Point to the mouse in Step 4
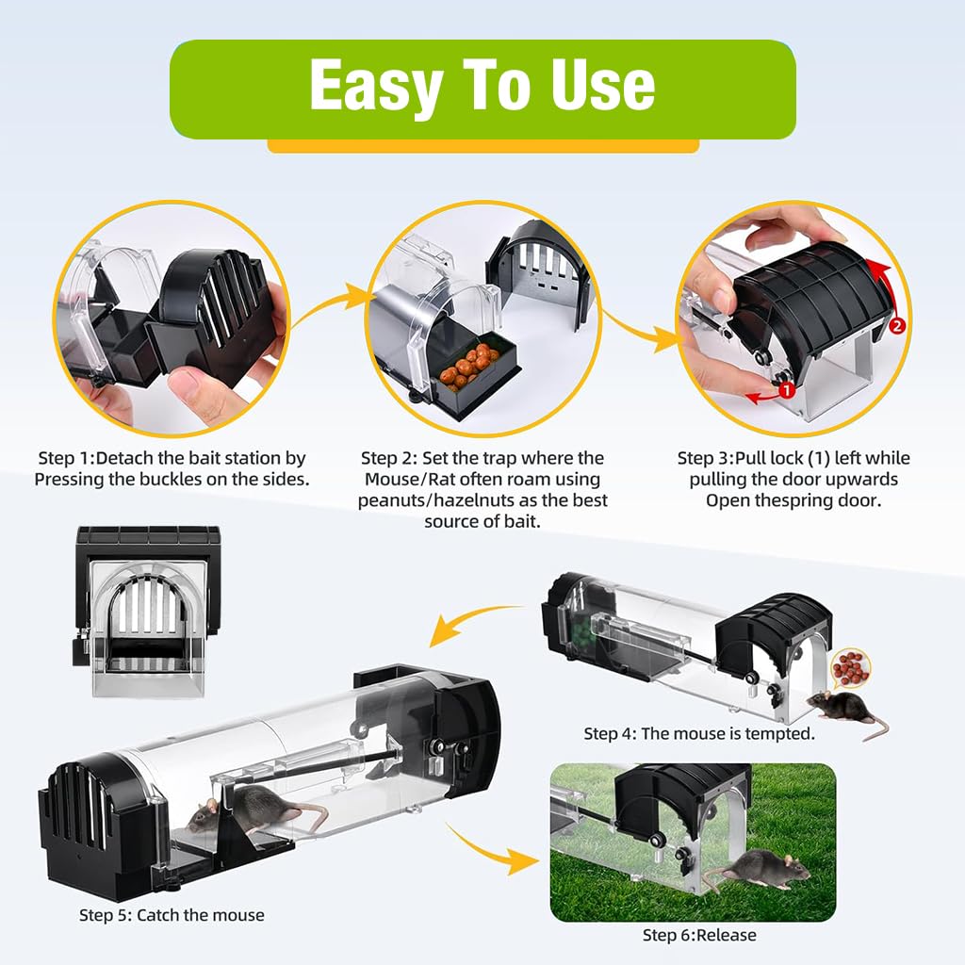click(x=844, y=708)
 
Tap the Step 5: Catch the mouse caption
click(x=172, y=915)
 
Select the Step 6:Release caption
click(x=699, y=935)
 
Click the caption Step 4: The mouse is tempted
click(x=699, y=733)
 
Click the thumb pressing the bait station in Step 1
click(x=193, y=388)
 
